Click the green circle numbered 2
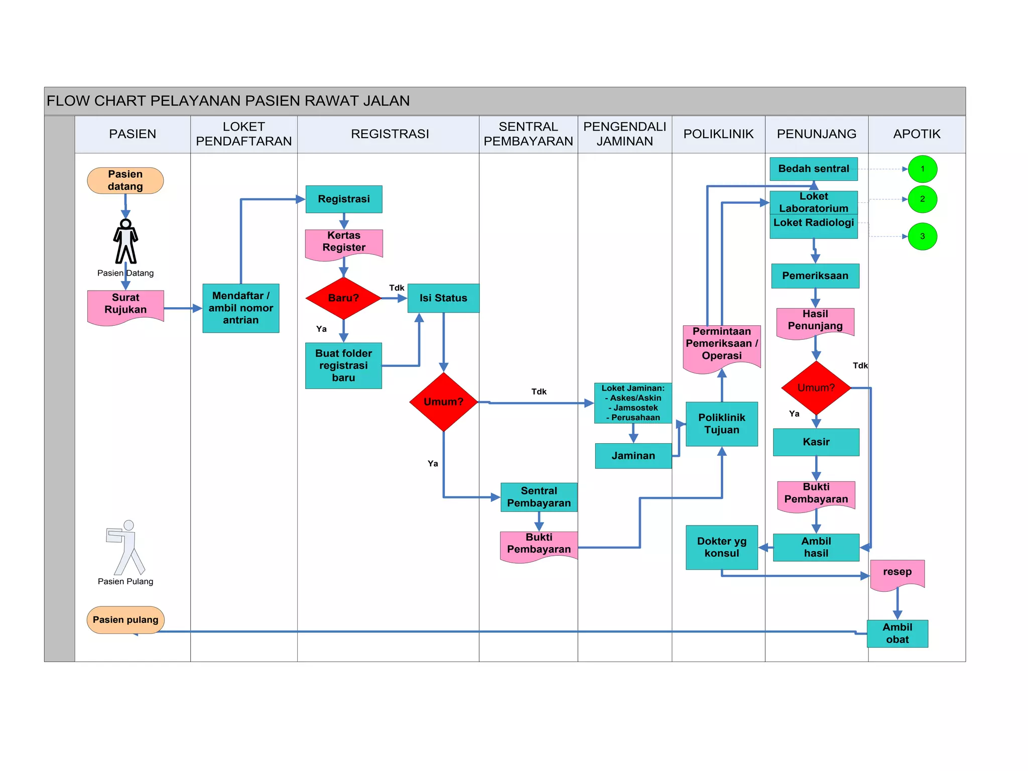[x=922, y=199]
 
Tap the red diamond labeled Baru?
[x=344, y=298]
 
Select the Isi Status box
[x=443, y=298]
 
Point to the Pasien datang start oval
[x=125, y=180]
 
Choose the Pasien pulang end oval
[x=125, y=620]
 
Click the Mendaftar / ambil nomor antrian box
[x=241, y=308]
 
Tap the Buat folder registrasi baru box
[x=344, y=365]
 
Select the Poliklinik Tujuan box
[x=722, y=424]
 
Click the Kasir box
[x=816, y=442]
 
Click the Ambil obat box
[x=897, y=633]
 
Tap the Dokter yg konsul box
[x=722, y=547]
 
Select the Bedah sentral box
[x=814, y=169]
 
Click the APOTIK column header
[x=917, y=134]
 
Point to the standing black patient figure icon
[x=125, y=241]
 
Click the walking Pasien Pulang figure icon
[x=125, y=548]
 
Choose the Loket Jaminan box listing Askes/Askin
[x=633, y=403]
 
